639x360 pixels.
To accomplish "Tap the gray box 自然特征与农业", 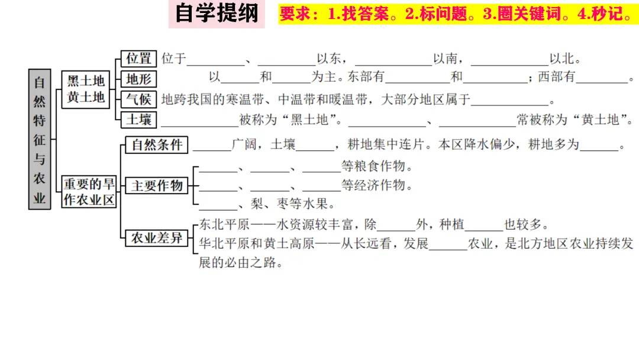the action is pos(39,139).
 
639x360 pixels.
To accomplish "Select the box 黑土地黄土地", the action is pos(85,89).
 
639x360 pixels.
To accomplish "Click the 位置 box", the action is pos(139,59).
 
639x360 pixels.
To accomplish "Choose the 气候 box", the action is pos(139,99).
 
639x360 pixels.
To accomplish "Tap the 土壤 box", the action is pos(139,119).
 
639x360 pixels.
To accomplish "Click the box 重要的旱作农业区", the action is pos(89,192).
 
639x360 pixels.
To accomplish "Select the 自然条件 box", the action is pos(157,144).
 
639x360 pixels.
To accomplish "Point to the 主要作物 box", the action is pos(157,185).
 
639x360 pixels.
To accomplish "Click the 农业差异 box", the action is pos(157,238).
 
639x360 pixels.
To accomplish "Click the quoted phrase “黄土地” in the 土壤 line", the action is pos(603,120).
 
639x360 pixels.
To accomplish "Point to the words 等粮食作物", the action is pos(377,165).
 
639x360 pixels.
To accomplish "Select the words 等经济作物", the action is pos(377,185).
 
